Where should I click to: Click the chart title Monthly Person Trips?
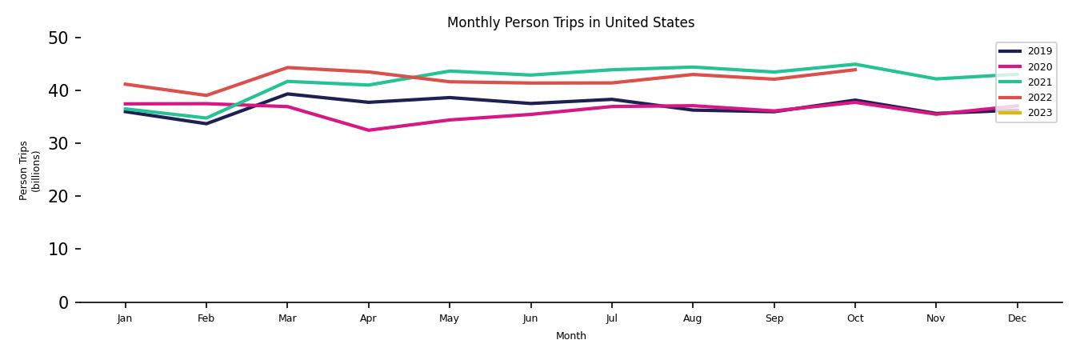[x=570, y=22]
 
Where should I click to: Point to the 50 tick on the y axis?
[x=59, y=38]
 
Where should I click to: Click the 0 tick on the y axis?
[x=64, y=302]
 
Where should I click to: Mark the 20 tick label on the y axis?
[x=59, y=196]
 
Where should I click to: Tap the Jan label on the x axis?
[x=125, y=318]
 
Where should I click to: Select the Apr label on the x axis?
[x=368, y=318]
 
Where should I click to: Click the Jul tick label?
[x=611, y=318]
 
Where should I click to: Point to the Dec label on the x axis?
[x=1017, y=318]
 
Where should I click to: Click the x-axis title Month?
[x=570, y=336]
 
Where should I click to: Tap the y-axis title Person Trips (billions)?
[x=30, y=170]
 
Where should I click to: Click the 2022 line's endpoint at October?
[x=855, y=70]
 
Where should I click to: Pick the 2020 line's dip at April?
[x=368, y=130]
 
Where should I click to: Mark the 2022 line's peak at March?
[x=287, y=67]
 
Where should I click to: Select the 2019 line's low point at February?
[x=206, y=124]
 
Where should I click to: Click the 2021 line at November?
[x=936, y=79]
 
